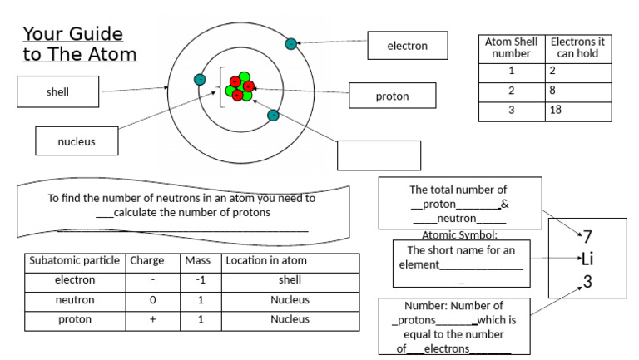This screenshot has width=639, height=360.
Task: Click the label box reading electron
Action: (x=408, y=46)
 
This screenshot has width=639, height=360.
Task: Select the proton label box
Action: (x=392, y=96)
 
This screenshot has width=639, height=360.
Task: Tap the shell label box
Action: (x=57, y=92)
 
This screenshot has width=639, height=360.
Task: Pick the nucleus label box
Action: (x=76, y=141)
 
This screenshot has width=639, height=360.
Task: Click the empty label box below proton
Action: (x=379, y=155)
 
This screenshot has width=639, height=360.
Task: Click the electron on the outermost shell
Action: (x=290, y=43)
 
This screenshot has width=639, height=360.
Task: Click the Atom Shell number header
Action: (x=511, y=47)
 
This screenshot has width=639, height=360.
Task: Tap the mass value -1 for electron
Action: (x=200, y=280)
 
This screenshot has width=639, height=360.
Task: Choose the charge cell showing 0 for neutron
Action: (x=153, y=299)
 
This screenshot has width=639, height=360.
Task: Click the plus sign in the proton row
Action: (x=153, y=319)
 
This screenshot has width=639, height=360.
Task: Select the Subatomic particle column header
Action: (x=75, y=260)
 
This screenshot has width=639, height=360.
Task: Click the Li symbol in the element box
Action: (x=587, y=259)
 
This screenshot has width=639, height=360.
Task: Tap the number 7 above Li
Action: (x=587, y=236)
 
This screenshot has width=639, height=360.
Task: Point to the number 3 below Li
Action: (x=587, y=281)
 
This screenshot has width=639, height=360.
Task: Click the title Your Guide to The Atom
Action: (x=79, y=45)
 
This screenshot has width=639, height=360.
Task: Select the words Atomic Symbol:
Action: (x=459, y=235)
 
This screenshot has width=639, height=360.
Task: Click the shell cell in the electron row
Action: (x=290, y=280)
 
